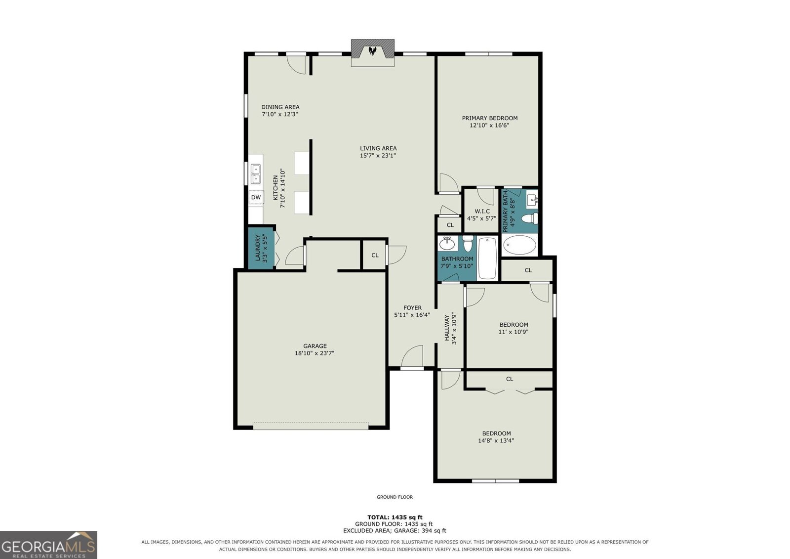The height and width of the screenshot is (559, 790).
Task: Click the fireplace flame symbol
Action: click(x=372, y=51)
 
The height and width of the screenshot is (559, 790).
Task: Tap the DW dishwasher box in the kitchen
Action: click(x=256, y=197)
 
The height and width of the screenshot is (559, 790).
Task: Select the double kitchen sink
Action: click(x=256, y=174)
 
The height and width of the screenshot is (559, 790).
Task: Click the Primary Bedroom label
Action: click(x=489, y=118)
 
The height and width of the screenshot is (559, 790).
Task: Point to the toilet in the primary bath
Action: click(x=530, y=218)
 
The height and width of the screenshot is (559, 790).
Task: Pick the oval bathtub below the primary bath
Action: click(x=520, y=245)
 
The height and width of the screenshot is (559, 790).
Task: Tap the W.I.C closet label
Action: click(x=482, y=212)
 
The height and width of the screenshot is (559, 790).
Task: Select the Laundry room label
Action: click(x=257, y=248)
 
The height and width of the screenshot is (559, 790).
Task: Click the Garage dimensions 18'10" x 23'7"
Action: click(x=315, y=353)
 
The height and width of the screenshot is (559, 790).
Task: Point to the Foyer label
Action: click(x=412, y=308)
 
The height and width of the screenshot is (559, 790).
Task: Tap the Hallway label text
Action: click(x=447, y=328)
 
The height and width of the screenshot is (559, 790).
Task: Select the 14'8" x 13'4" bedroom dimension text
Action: click(x=496, y=441)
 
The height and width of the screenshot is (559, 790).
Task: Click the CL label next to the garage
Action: click(x=375, y=256)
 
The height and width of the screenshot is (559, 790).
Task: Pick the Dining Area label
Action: click(x=280, y=107)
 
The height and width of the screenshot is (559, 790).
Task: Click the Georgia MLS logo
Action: click(x=49, y=545)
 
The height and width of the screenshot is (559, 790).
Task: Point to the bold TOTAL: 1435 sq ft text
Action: click(x=395, y=517)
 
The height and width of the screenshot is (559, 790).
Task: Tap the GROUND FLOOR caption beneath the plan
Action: click(x=395, y=497)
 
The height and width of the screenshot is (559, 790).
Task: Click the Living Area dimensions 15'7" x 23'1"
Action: click(x=378, y=156)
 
